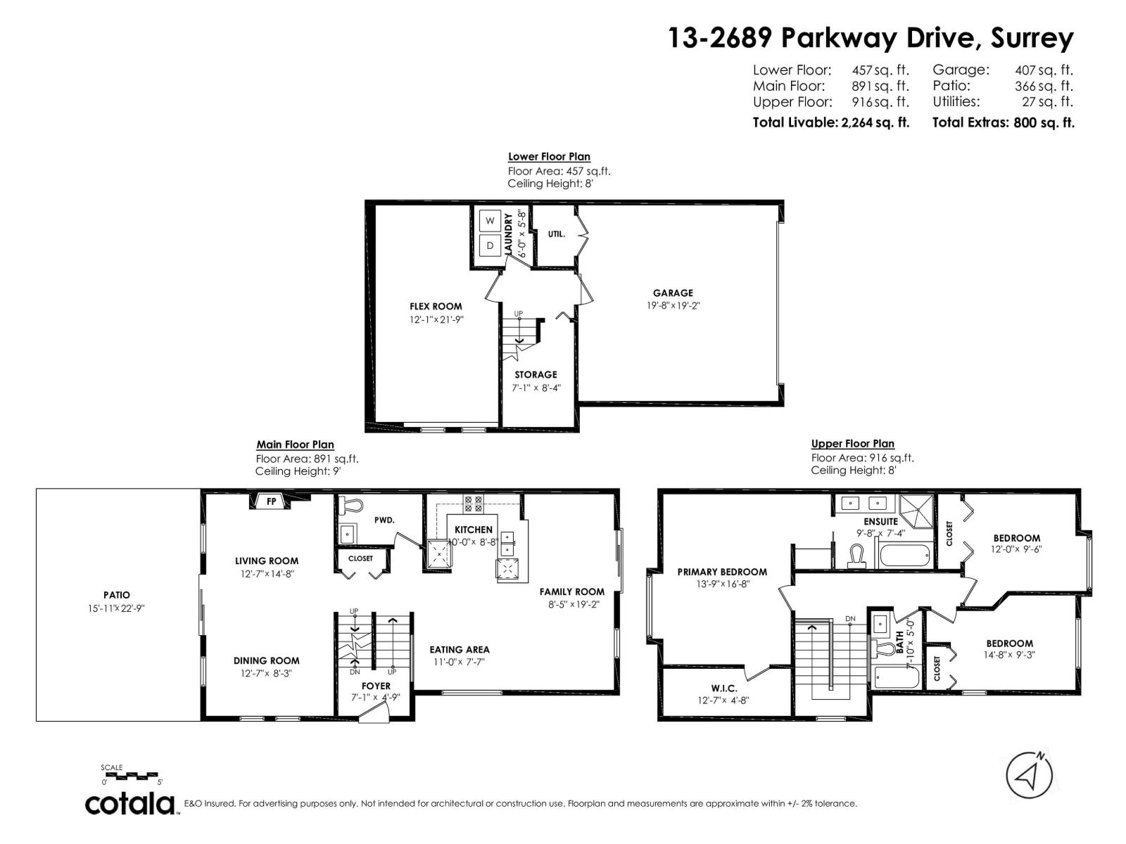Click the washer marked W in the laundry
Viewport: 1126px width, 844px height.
[x=489, y=221]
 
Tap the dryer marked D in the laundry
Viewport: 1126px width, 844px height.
[x=489, y=246]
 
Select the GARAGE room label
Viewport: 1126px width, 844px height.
[x=673, y=293]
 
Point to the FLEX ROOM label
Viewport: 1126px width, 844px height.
[x=436, y=307]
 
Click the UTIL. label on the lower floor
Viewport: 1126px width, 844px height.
[x=557, y=234]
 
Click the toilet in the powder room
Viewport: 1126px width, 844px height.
[x=351, y=505]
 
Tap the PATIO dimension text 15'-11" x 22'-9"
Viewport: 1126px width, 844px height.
[x=116, y=608]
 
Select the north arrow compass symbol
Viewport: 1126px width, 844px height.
[x=1029, y=776]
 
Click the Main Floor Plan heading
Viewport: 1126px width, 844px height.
[x=295, y=445]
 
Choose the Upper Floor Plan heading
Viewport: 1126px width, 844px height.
[x=852, y=444]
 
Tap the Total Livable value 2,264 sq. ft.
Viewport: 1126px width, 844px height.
[x=875, y=123]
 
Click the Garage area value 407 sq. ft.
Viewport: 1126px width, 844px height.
[x=1044, y=70]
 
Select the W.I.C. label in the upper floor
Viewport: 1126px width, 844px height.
[x=724, y=689]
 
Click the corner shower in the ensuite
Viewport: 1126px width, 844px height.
[x=917, y=511]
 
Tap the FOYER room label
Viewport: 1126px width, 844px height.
[x=376, y=686]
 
